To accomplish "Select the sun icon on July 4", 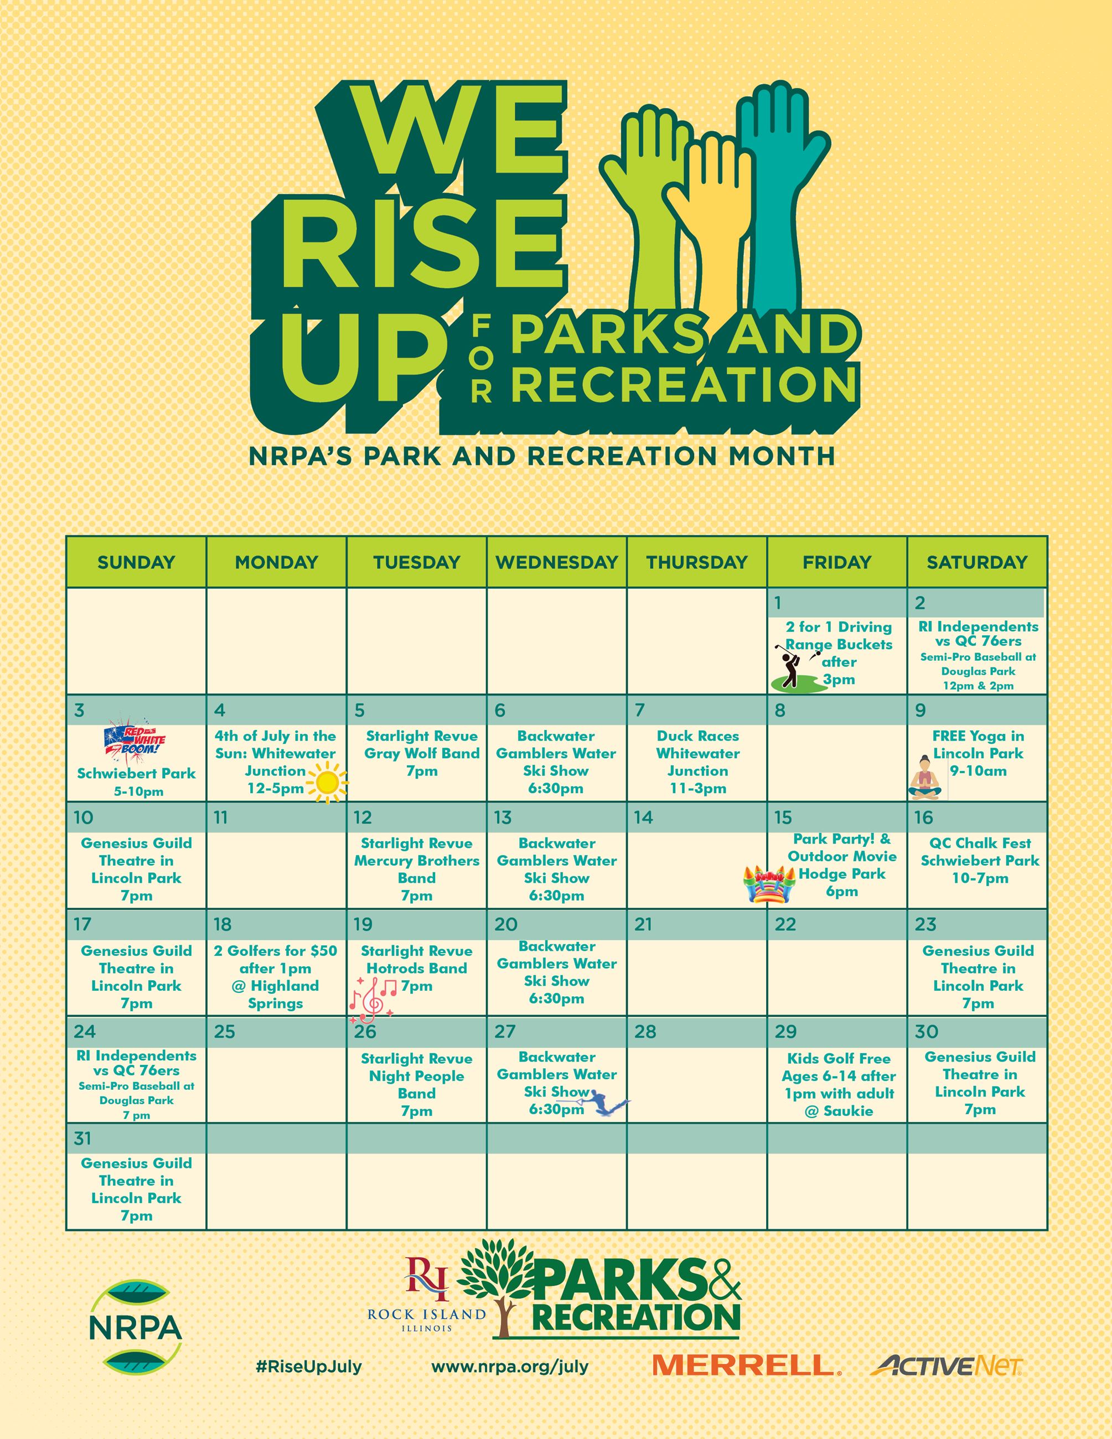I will pos(327,783).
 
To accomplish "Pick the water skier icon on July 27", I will pos(609,1103).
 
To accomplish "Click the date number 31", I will pos(83,1138).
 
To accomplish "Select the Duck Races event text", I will pos(697,762).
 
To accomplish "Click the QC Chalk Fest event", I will pos(980,861).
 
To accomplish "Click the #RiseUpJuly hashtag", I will pos(309,1366).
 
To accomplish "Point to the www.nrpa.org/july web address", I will pos(510,1366).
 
